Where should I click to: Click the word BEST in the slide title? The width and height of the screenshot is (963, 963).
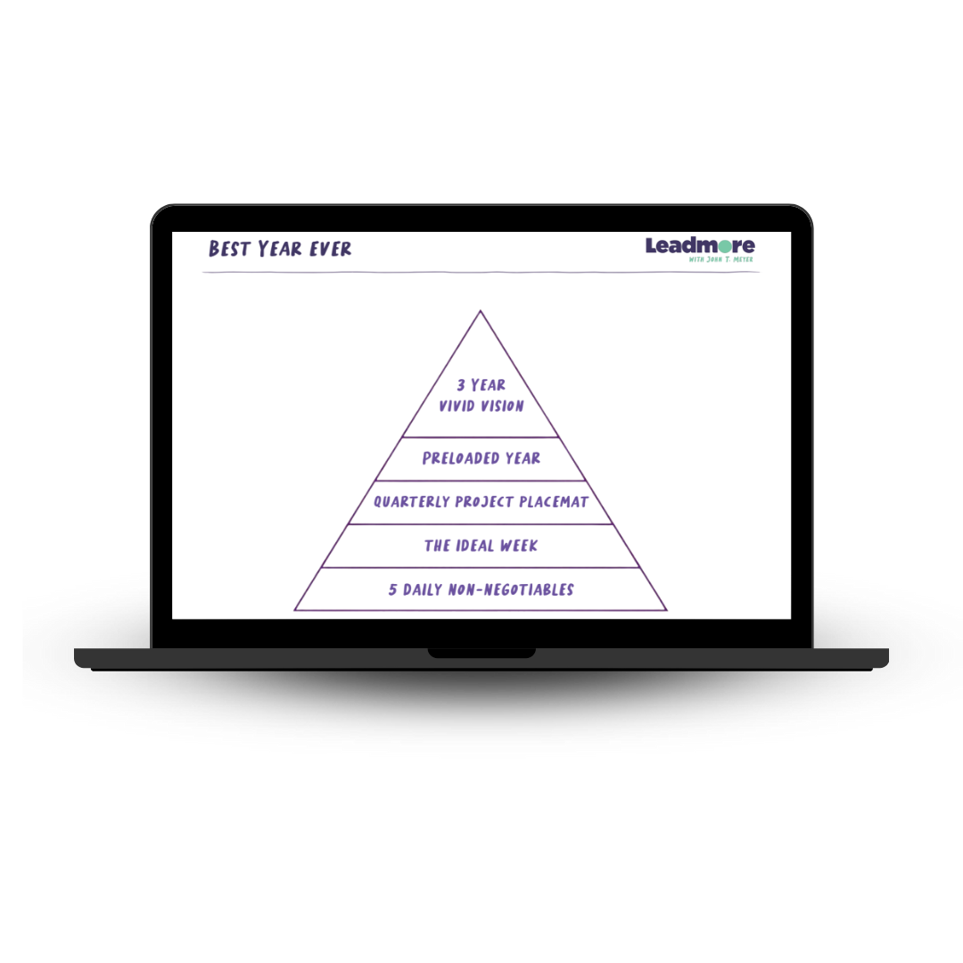[x=229, y=250]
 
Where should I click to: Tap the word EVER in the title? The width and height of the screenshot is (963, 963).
[x=330, y=250]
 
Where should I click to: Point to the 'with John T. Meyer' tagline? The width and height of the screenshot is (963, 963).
[x=721, y=259]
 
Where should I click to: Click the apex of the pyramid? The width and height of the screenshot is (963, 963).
[x=481, y=312]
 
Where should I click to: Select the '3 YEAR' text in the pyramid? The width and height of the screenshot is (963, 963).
[x=481, y=385]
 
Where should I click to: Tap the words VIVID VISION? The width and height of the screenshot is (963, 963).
[x=481, y=406]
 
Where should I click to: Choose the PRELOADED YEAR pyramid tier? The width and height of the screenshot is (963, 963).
[x=481, y=458]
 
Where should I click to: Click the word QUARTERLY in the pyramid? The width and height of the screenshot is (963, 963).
[x=411, y=502]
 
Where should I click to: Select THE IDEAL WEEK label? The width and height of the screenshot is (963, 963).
[x=481, y=546]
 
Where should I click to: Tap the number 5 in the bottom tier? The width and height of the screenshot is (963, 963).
[x=392, y=589]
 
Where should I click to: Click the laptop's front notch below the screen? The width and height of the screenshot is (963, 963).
[x=481, y=654]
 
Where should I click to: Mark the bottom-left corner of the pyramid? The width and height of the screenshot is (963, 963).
[x=296, y=610]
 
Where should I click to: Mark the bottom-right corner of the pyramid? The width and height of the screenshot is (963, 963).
[x=665, y=610]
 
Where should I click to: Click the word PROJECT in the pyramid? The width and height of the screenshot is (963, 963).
[x=484, y=502]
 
